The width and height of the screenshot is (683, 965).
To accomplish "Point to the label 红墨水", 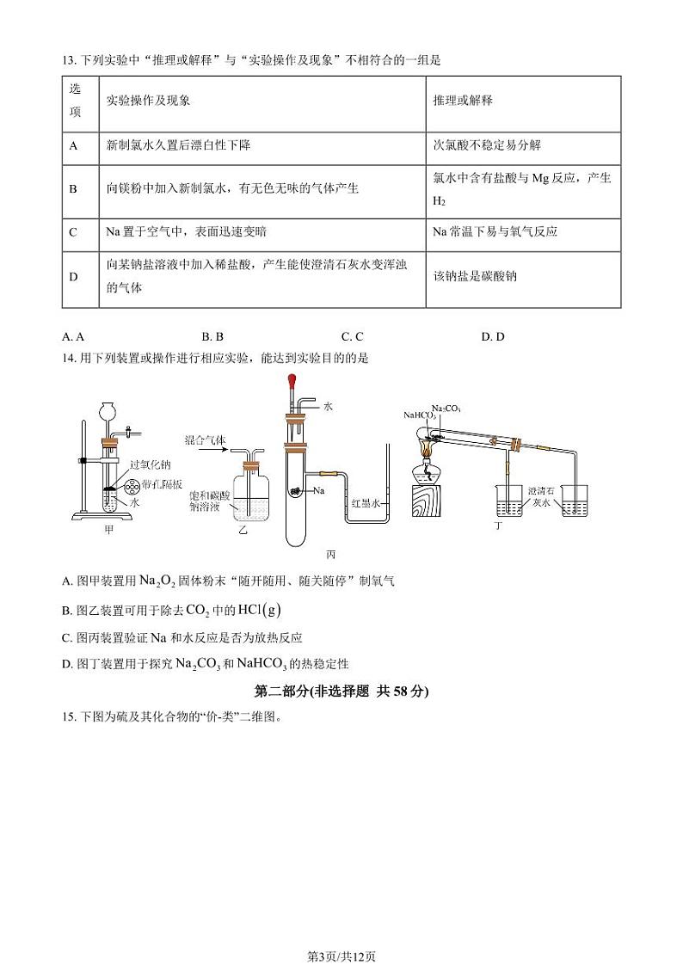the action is [x=365, y=505].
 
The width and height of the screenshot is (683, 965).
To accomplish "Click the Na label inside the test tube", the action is [x=318, y=491].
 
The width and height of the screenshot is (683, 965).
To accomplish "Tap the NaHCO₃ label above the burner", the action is [x=420, y=415].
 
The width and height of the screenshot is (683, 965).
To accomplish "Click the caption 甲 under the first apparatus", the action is [x=108, y=530].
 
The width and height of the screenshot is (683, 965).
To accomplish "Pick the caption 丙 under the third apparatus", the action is [x=331, y=555].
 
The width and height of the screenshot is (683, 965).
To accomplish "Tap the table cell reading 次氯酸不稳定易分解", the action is [x=487, y=145].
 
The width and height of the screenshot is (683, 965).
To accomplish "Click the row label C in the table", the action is [x=73, y=232].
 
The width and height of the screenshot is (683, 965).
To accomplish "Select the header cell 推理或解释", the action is [x=462, y=101].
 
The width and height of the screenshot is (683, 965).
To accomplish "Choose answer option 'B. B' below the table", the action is [x=212, y=337].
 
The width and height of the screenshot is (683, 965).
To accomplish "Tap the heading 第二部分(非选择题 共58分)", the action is [x=341, y=691].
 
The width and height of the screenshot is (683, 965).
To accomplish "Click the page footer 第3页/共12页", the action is [x=341, y=931].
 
